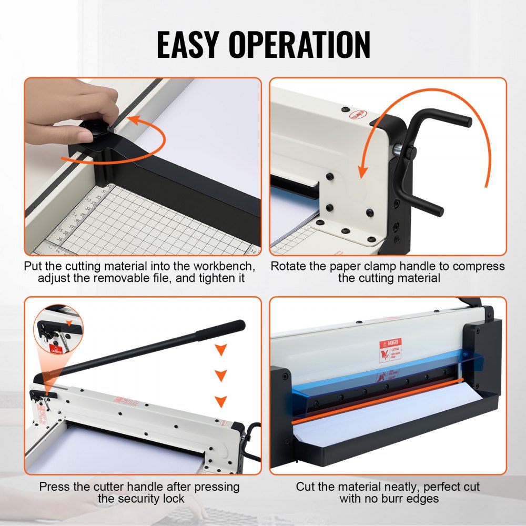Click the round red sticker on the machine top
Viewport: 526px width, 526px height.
pos(358,114)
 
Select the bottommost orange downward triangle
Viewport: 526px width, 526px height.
pos(221,401)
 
